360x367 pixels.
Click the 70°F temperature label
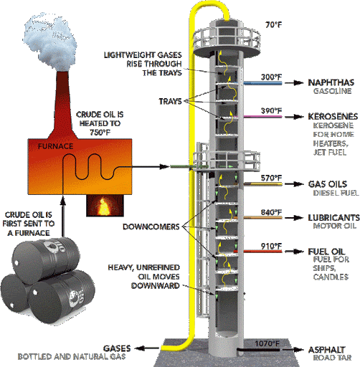[274, 24]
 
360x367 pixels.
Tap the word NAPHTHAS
[331, 82]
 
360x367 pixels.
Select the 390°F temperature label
[271, 111]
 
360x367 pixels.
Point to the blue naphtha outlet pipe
[262, 83]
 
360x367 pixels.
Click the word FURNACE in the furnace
[55, 146]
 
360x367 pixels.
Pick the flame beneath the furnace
[105, 206]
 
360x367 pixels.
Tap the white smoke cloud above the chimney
[49, 42]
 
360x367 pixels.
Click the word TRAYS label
[170, 101]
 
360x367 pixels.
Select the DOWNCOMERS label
[151, 227]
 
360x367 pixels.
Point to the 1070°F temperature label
[267, 343]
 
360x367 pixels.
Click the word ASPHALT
[326, 350]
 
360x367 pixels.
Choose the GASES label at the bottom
[117, 348]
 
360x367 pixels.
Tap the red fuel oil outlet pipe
[257, 252]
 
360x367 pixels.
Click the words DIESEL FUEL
[336, 193]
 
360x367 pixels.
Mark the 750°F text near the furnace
[100, 132]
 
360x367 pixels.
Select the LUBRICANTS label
[333, 218]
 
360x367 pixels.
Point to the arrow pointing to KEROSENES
[293, 117]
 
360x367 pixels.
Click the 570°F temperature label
[271, 178]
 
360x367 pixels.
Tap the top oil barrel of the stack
[46, 260]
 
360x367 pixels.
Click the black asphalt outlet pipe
[259, 350]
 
